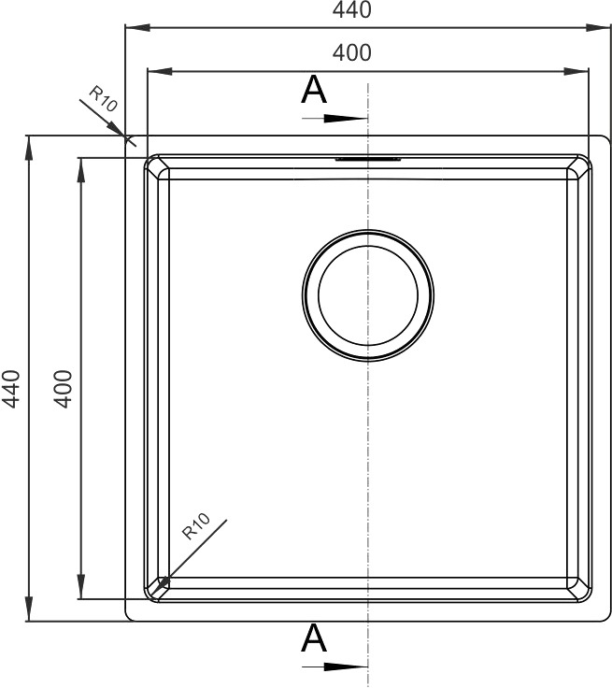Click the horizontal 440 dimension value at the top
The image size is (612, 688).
tap(352, 9)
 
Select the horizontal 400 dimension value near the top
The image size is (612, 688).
tap(352, 52)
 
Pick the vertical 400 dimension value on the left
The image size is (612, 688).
tap(64, 389)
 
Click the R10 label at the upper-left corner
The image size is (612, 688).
tap(104, 98)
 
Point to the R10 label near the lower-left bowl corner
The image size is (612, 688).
tap(196, 526)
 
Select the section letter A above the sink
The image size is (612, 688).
tap(314, 90)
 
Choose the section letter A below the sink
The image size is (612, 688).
tap(314, 638)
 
